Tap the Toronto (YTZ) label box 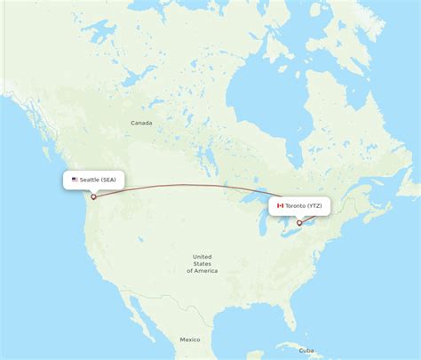(299, 206)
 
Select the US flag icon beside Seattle (75, 180)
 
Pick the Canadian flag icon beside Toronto (279, 206)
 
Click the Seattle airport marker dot (93, 196)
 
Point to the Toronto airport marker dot (299, 222)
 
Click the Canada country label (141, 123)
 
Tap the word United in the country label (203, 257)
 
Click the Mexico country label (189, 340)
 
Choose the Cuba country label (307, 349)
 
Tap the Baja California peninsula (133, 316)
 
